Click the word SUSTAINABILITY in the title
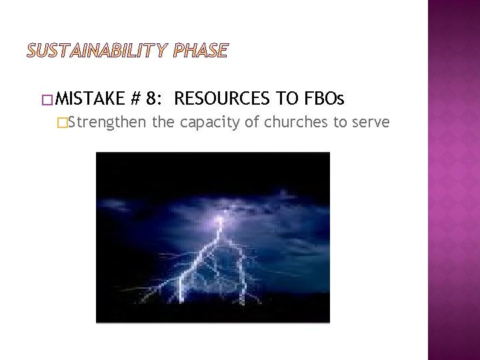[x=99, y=51]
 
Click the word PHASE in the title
[x=201, y=51]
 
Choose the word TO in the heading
[x=288, y=100]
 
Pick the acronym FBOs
[x=324, y=100]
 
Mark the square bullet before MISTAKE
[x=46, y=101]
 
